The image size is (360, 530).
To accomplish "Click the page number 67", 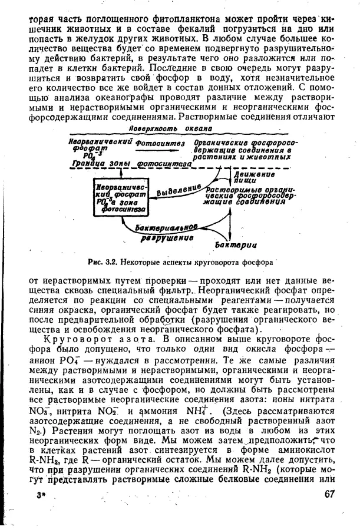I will coord(329,495).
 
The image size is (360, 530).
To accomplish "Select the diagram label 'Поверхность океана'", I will coord(170,128).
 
